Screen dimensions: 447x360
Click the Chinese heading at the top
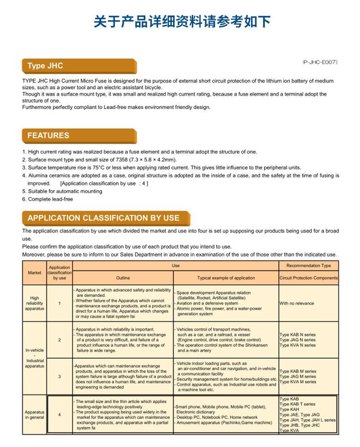point(182,21)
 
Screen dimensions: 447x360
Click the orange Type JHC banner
point(79,66)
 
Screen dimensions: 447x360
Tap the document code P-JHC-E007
point(319,62)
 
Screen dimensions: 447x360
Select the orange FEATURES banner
point(79,135)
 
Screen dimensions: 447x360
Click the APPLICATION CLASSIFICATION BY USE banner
point(106,218)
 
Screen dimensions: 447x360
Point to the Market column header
point(35,273)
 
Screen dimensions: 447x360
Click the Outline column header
point(123,278)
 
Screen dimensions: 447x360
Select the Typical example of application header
point(226,278)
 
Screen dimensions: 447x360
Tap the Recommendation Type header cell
point(309,265)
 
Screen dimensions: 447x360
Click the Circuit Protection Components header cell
point(309,278)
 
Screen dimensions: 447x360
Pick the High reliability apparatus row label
point(35,303)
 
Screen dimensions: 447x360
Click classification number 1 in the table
point(59,303)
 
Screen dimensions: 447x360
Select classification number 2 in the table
point(59,340)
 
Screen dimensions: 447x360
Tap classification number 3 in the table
point(59,377)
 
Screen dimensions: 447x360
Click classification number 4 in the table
point(59,415)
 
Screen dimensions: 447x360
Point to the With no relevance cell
point(297,303)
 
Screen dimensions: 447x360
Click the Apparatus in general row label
point(35,415)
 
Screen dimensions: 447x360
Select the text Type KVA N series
point(297,345)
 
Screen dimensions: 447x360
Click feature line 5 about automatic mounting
point(62,192)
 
